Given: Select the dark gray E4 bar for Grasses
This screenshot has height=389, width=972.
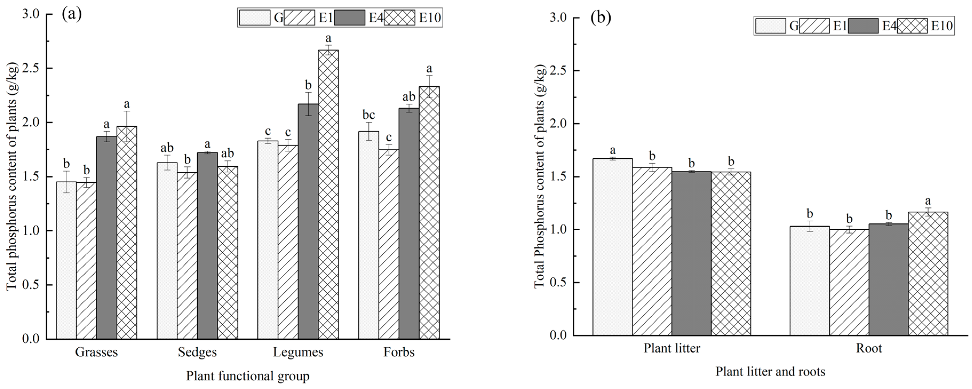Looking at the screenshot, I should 106,238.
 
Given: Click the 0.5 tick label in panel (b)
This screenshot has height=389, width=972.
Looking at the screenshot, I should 559,283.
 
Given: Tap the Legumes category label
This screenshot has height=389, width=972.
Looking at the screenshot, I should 298,352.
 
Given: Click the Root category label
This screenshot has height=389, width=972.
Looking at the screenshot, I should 869,348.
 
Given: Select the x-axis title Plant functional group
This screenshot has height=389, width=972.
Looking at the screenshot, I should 248,376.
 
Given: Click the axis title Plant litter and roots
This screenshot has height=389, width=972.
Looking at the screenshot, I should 770,372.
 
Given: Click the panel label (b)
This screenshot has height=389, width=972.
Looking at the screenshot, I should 601,18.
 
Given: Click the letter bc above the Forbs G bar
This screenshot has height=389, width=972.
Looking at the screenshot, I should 368,115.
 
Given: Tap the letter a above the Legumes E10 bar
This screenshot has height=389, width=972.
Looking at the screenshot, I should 328,38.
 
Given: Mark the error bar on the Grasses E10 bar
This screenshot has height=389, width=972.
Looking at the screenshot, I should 127,126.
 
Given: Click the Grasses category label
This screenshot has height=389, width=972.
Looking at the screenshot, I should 96,352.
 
